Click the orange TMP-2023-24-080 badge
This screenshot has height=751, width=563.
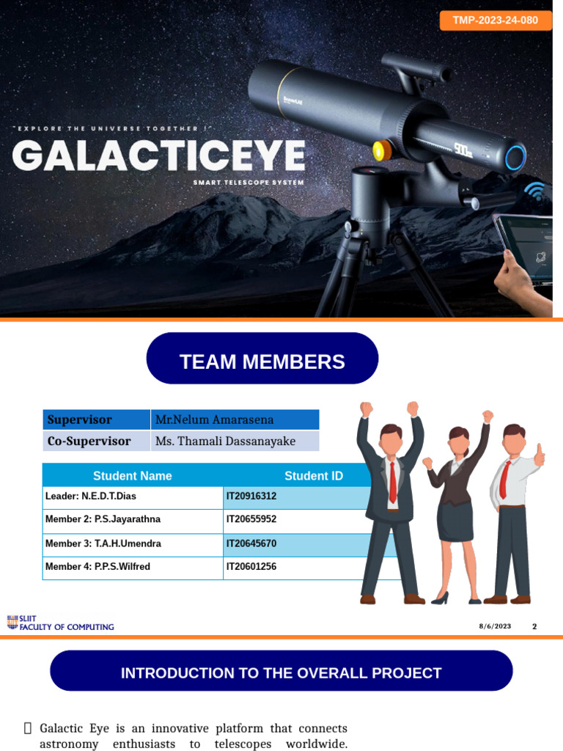tap(495, 20)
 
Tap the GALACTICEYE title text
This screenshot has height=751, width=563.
tap(159, 155)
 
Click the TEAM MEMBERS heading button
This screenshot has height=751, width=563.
tap(262, 361)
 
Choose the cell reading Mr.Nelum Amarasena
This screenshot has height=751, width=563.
tap(235, 420)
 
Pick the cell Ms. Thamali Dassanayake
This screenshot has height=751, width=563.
tap(235, 441)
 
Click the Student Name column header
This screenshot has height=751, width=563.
tap(133, 475)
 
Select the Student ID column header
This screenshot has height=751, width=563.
tap(313, 475)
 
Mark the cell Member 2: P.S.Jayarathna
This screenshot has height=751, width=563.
tap(133, 519)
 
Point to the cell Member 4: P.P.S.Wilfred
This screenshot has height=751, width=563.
tap(133, 566)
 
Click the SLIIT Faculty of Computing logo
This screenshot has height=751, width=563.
tap(60, 623)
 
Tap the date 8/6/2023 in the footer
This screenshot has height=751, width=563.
tap(495, 626)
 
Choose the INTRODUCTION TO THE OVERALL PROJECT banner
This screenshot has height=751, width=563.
tap(281, 673)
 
